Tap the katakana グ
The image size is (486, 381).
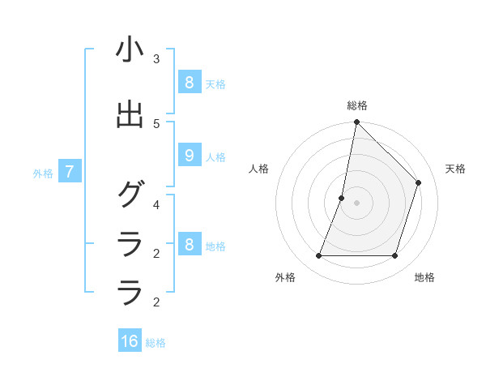(x=130, y=195)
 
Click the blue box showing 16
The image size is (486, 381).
(x=130, y=341)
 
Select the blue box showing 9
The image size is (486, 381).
(x=189, y=156)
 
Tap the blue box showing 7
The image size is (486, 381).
(x=70, y=172)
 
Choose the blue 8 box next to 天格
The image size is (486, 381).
(x=189, y=83)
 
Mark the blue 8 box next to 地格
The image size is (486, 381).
(x=189, y=245)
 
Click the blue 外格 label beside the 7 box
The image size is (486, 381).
(x=43, y=173)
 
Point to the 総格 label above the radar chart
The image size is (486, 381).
(x=356, y=105)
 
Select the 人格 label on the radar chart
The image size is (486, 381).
(x=259, y=169)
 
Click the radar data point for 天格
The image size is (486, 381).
(x=418, y=182)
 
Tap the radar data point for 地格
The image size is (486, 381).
(x=394, y=256)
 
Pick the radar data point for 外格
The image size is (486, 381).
(x=318, y=256)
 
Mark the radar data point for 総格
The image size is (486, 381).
(x=356, y=122)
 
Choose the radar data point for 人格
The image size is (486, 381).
(x=342, y=198)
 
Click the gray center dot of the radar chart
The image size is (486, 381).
(x=356, y=203)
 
